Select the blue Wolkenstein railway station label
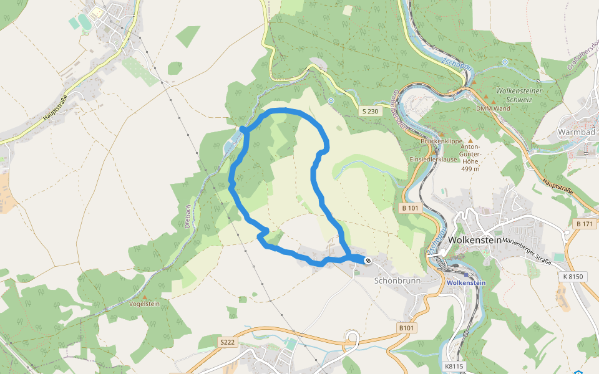pos(466,282)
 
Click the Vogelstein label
pos(144,304)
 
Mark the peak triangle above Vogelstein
pos(145,297)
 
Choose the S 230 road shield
pos(370,111)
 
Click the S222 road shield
pos(227,342)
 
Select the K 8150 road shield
pos(574,276)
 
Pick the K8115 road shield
pos(454,367)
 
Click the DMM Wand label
pos(493,108)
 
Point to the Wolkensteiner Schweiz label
pos(517,95)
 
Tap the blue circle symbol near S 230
pos(331,100)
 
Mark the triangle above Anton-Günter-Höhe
pos(470,141)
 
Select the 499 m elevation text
pos(469,169)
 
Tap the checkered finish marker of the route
pos(368,260)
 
